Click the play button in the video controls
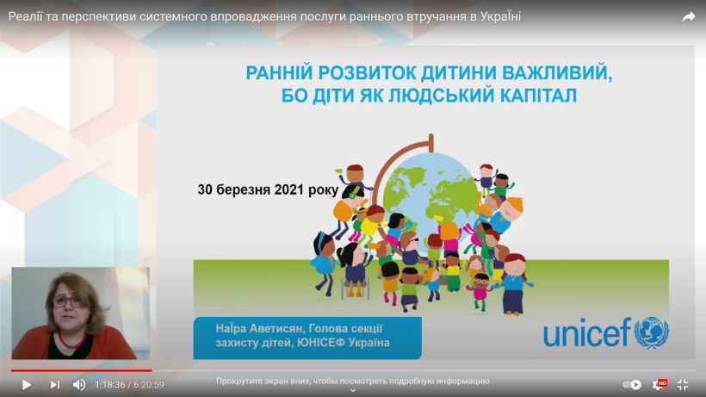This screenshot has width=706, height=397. [27, 384]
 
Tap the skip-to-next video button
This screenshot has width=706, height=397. [55, 384]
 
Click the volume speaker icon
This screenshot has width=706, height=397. [79, 384]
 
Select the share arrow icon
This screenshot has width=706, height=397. [689, 17]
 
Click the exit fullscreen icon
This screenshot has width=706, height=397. [683, 384]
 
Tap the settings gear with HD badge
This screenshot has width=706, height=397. [660, 384]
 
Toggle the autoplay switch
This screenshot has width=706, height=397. [632, 384]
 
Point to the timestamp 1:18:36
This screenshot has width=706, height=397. [110, 384]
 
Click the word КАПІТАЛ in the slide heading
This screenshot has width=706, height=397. [538, 96]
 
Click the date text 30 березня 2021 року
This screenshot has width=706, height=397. [268, 189]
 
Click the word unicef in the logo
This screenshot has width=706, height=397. [587, 333]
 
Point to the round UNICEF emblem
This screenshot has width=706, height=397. [652, 332]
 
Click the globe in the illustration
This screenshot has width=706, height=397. [430, 194]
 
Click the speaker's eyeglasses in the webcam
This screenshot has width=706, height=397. [67, 301]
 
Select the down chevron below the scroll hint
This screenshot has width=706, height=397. [353, 390]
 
